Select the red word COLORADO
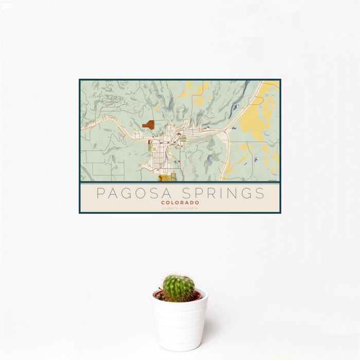[x=179, y=203]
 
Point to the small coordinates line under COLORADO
[x=179, y=208]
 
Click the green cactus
[x=179, y=288]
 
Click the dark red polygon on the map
[x=148, y=124]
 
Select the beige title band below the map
[x=179, y=198]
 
